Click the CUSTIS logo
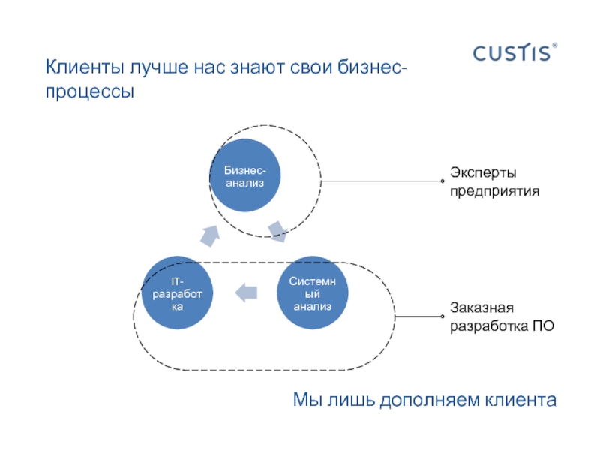(x=511, y=53)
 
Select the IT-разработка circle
(x=177, y=292)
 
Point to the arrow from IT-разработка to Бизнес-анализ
(x=211, y=235)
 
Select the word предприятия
(x=494, y=191)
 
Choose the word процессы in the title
(x=90, y=93)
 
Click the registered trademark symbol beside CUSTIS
(x=555, y=46)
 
